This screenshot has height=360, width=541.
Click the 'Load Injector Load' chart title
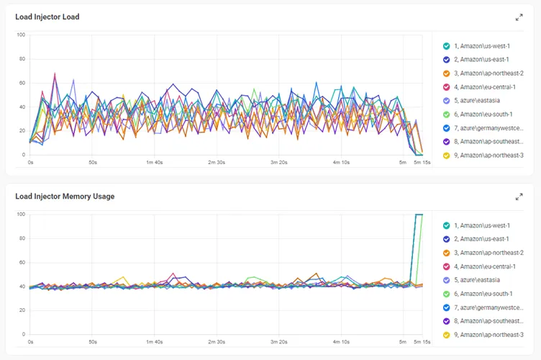[x=47, y=17]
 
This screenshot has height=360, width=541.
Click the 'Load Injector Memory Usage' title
[x=65, y=197]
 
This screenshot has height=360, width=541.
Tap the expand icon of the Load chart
[x=519, y=17]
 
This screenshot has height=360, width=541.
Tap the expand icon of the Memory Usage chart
[x=519, y=197]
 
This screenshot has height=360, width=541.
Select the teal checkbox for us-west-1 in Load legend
[x=446, y=46]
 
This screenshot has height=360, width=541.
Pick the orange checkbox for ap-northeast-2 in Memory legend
[x=446, y=253]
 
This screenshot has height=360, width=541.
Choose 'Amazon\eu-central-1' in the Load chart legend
[x=488, y=87]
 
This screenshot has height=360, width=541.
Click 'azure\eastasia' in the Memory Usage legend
[x=480, y=280]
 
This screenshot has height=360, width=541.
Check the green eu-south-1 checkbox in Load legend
[x=446, y=114]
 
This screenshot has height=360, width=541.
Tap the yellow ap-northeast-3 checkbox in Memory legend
[x=446, y=335]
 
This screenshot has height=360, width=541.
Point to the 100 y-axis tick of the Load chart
[x=21, y=35]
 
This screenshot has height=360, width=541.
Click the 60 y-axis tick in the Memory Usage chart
[x=22, y=262]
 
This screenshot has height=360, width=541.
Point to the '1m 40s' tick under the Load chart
[x=154, y=162]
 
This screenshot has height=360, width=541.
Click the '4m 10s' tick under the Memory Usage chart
[x=341, y=342]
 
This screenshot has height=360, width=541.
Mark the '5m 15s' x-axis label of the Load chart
[x=422, y=162]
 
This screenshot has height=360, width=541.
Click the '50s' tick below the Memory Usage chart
[x=93, y=342]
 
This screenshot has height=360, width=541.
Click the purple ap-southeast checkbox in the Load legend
[x=446, y=142]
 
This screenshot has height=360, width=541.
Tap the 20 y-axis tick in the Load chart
[x=22, y=131]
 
